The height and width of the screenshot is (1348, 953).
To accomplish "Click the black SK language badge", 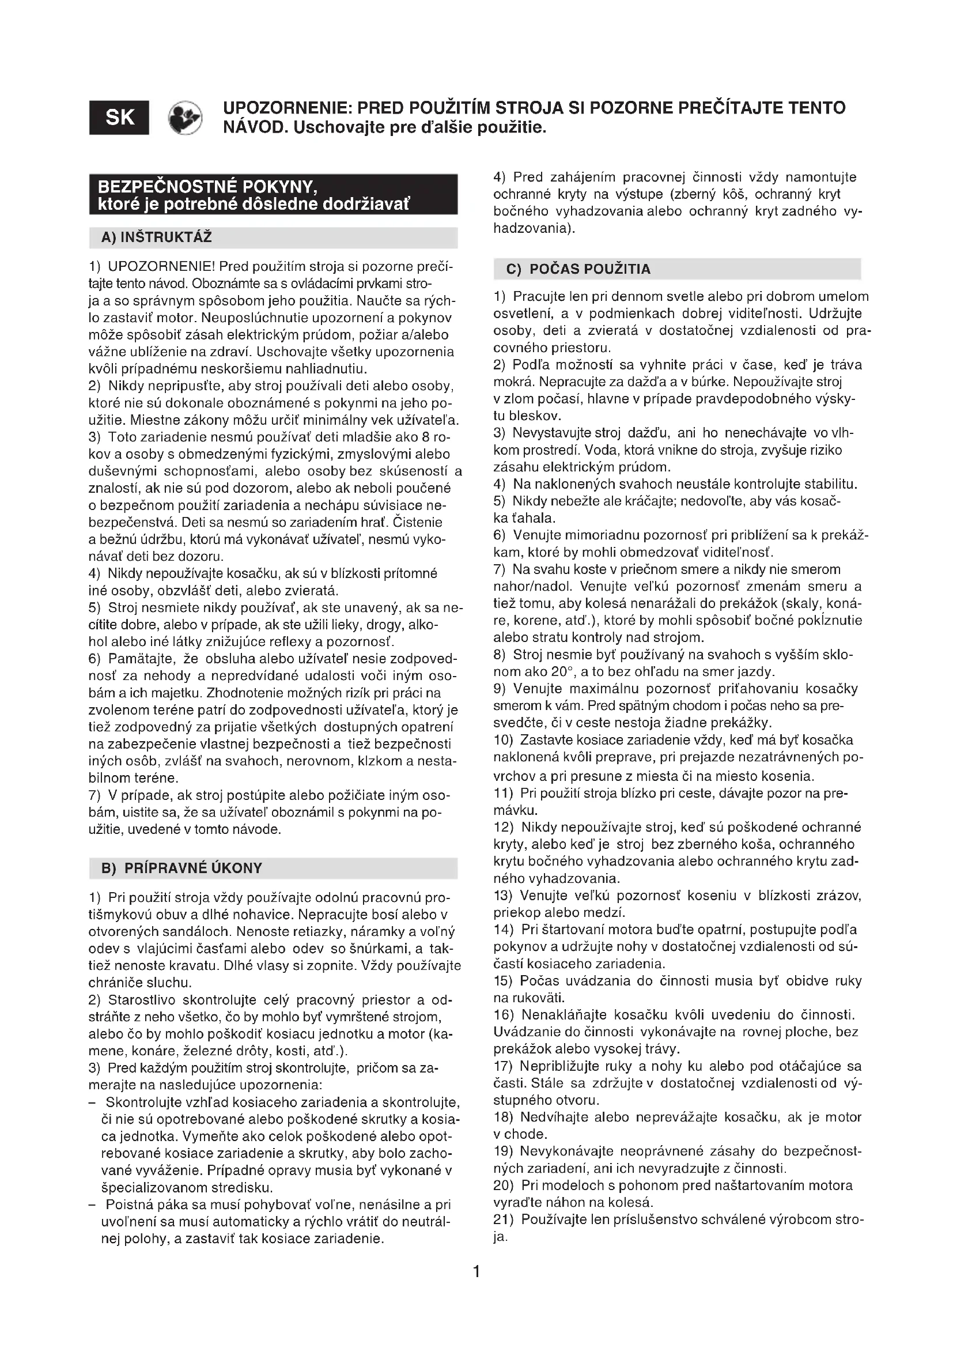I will [119, 118].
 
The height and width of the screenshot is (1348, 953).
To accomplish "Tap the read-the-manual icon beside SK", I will [185, 118].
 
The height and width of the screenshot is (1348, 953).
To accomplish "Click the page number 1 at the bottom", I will [476, 1272].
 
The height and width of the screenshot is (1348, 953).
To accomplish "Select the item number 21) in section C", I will [504, 1219].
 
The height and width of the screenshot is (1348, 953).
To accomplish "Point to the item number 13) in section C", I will [504, 896].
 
